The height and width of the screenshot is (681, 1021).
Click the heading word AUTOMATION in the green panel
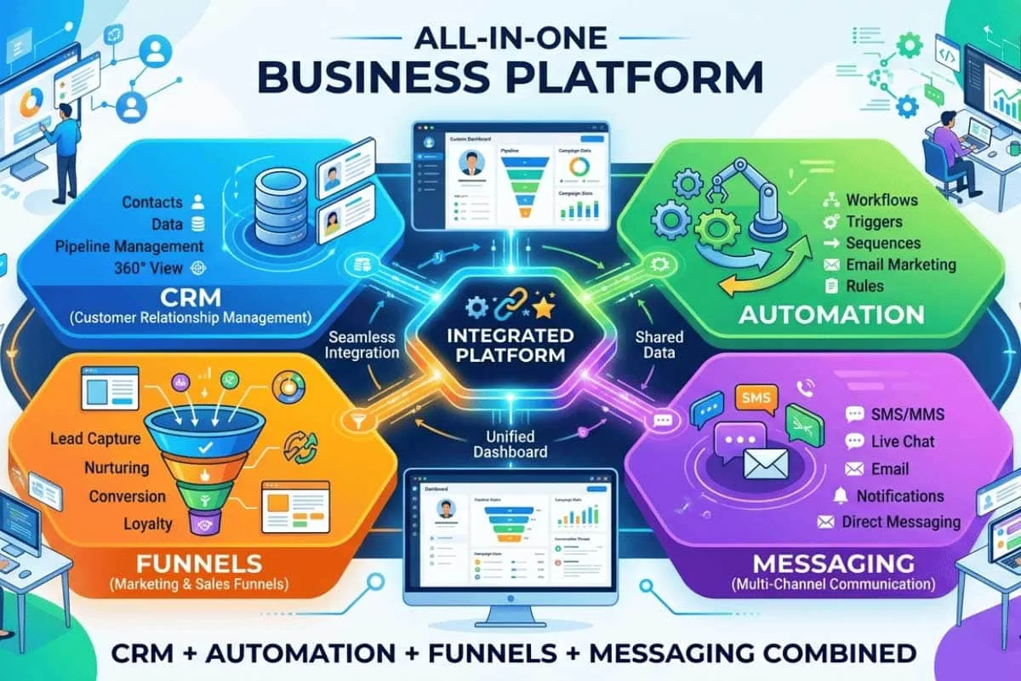(x=831, y=314)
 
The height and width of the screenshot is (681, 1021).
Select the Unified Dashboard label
(x=510, y=443)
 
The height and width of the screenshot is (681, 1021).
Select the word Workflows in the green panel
(x=881, y=201)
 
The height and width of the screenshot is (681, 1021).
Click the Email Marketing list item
(x=901, y=265)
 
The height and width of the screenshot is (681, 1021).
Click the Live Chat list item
(x=903, y=442)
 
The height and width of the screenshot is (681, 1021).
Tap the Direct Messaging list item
(x=901, y=522)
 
